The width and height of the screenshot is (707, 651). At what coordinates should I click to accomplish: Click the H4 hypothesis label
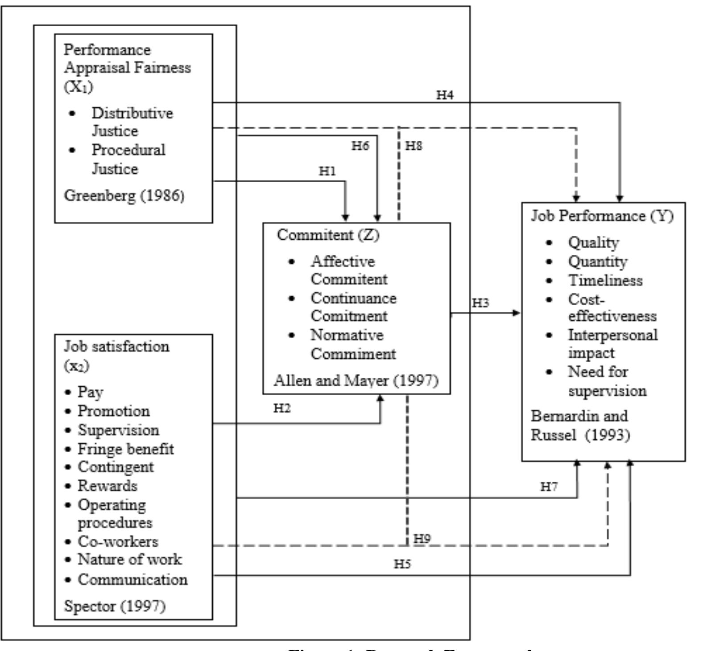(445, 95)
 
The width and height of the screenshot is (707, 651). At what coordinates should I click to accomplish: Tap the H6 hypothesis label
(360, 146)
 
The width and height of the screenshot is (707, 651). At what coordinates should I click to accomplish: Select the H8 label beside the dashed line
(413, 146)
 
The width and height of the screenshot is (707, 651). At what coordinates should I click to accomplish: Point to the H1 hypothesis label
(327, 171)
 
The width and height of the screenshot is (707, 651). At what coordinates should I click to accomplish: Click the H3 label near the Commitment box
(480, 303)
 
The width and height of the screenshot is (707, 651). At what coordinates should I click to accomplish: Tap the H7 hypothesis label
(549, 487)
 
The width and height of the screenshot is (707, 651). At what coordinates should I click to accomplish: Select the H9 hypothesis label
(422, 538)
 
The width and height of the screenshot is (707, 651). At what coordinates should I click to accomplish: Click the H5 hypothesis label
(402, 564)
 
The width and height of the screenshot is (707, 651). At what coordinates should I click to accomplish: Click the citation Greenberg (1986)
(124, 196)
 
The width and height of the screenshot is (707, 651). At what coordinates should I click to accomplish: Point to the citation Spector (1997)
(115, 606)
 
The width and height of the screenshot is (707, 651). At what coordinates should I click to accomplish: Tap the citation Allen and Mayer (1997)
(356, 380)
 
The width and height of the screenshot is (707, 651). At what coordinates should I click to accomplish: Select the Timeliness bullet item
(605, 280)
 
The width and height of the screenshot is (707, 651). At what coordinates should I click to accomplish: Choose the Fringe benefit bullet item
(125, 449)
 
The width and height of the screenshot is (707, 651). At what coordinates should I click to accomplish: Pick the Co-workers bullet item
(118, 541)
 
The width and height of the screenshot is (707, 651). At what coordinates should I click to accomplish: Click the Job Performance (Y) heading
(602, 216)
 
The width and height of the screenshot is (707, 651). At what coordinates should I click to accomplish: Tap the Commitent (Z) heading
(328, 234)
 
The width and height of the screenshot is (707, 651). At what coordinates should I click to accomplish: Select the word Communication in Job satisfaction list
(132, 579)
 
